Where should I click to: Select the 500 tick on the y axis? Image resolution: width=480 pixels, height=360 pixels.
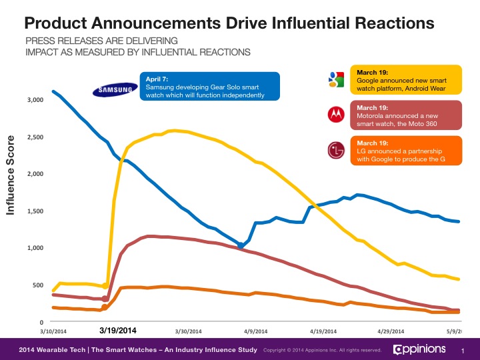point(39,285)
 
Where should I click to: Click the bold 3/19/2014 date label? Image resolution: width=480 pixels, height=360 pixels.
point(118,330)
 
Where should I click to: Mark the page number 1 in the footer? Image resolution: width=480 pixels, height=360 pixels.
point(462,350)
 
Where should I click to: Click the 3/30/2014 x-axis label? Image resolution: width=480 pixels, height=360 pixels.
point(187,331)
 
